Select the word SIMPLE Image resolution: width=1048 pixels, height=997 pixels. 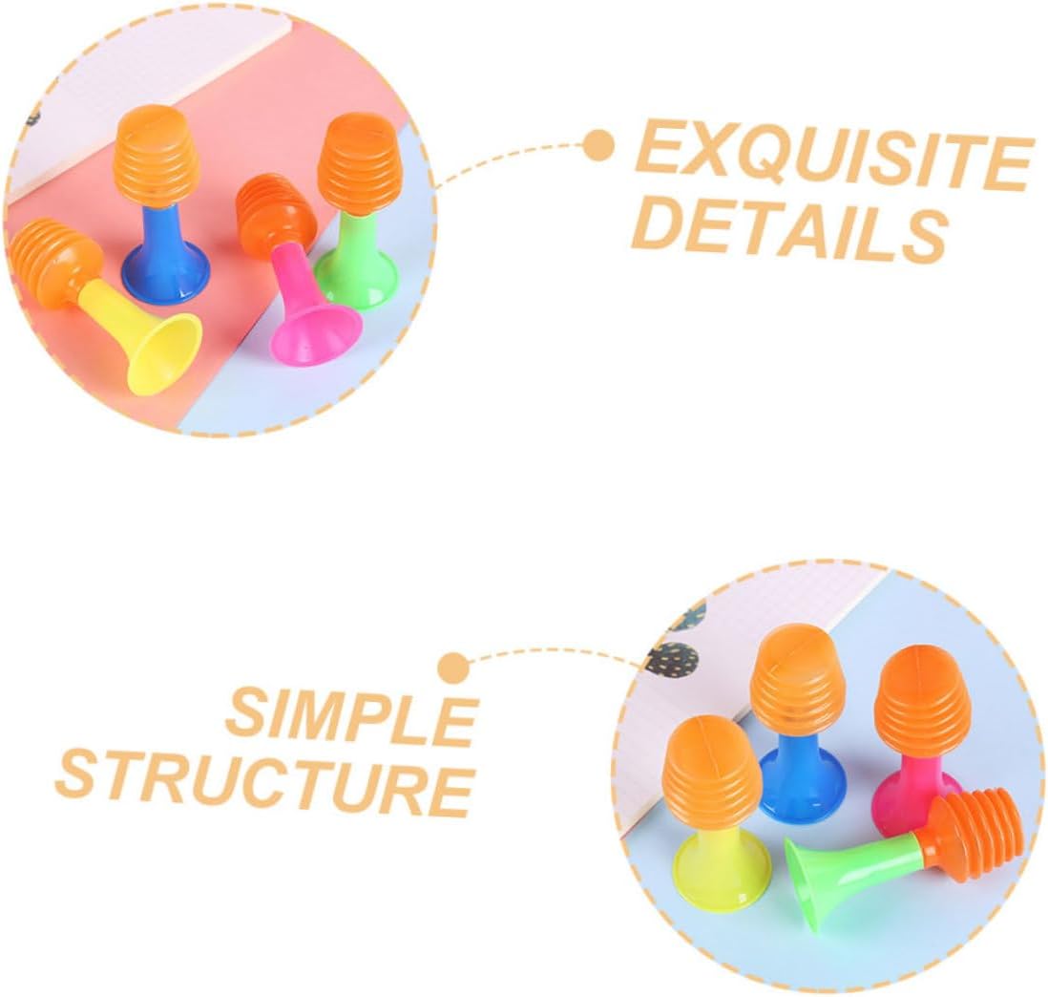352,715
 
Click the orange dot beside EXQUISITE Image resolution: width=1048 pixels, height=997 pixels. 599,146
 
